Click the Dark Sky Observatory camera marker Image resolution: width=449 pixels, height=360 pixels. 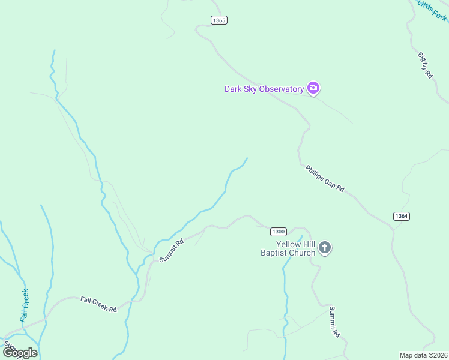point(313,89)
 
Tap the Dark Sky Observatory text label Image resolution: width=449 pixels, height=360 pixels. point(264,89)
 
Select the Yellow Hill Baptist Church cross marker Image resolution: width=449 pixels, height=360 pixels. point(325,248)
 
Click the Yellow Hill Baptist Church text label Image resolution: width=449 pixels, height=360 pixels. point(288,248)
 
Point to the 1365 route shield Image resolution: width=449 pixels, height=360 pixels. point(219,20)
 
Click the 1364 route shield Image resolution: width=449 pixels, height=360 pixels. point(402,216)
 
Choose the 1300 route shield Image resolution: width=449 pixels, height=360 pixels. point(278,232)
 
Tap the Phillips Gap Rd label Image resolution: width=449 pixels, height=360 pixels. point(324,178)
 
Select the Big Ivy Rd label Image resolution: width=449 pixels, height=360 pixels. point(425,66)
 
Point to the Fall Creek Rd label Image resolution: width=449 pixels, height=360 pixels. point(98,304)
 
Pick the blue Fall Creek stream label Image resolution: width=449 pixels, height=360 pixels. point(25,305)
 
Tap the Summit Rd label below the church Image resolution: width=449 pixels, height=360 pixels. point(334,322)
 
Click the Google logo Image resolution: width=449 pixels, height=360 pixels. point(20,353)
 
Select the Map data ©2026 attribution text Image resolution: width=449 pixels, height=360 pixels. point(423,355)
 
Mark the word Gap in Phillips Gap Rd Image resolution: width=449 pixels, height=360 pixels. point(327,181)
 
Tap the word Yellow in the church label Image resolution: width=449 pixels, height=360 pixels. point(287,244)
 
